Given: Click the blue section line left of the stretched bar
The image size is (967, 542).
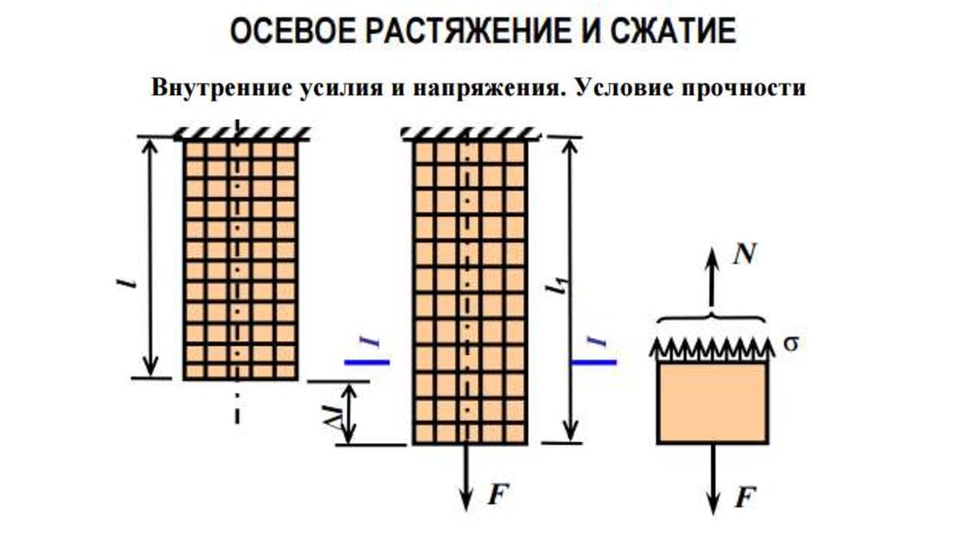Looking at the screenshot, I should click(x=367, y=361).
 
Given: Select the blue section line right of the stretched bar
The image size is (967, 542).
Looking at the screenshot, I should click(x=594, y=361).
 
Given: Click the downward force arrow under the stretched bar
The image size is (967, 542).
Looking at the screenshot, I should click(x=467, y=477).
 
